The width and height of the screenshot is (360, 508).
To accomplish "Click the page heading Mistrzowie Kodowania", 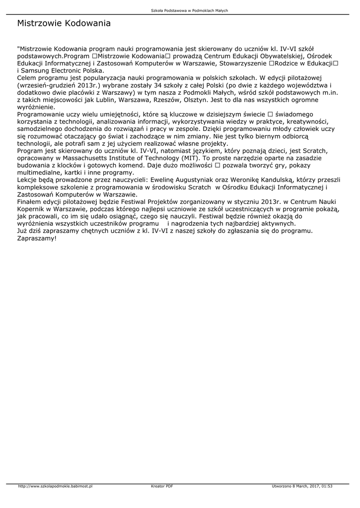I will coord(64,23).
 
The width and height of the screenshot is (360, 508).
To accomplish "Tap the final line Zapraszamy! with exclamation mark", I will coord(37,238).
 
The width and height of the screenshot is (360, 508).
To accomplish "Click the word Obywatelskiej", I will coord(272,56).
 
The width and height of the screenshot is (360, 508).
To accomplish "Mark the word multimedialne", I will coord(41,173).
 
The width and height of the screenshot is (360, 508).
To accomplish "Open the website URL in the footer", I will coord(55,486).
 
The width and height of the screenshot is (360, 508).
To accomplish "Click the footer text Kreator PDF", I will coord(162,486).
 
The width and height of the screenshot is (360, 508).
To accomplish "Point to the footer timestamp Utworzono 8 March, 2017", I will coord(302,486).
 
